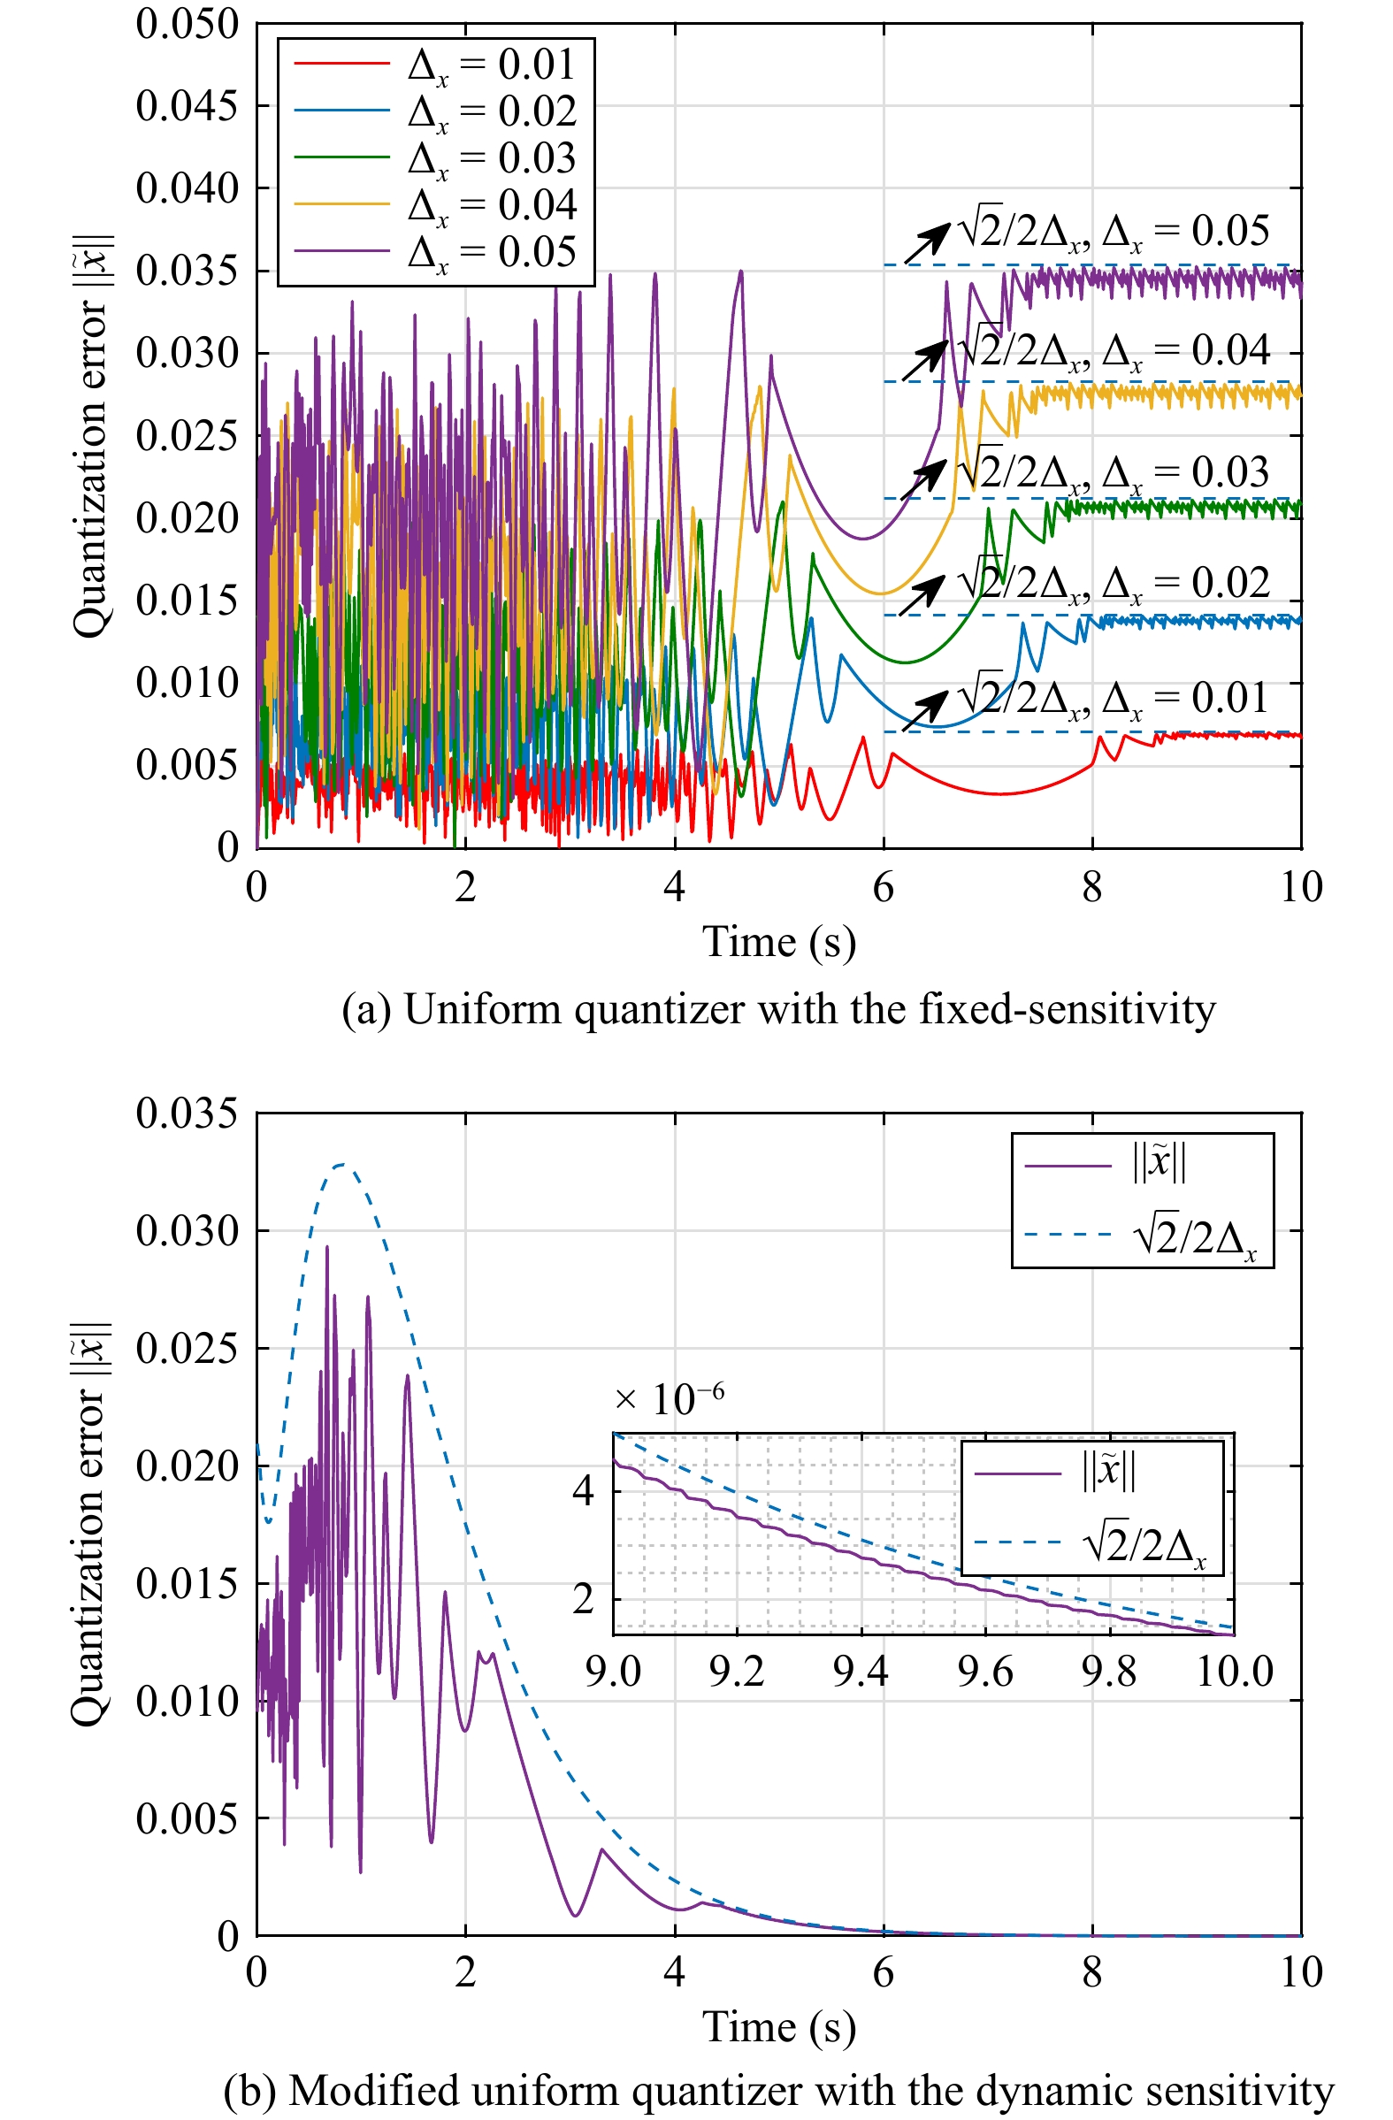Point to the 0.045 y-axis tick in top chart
click(187, 106)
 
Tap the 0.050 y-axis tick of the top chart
click(187, 24)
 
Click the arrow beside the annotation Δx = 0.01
click(925, 712)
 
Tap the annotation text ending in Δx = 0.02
click(1114, 584)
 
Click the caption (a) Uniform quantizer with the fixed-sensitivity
click(778, 1009)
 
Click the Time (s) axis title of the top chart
click(778, 942)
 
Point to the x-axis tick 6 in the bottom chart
click(883, 1972)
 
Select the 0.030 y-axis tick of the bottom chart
click(187, 1231)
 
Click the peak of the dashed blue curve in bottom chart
click(343, 1164)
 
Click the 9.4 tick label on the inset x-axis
click(861, 1672)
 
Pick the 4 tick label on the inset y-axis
click(583, 1490)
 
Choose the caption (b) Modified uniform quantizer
click(778, 2091)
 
